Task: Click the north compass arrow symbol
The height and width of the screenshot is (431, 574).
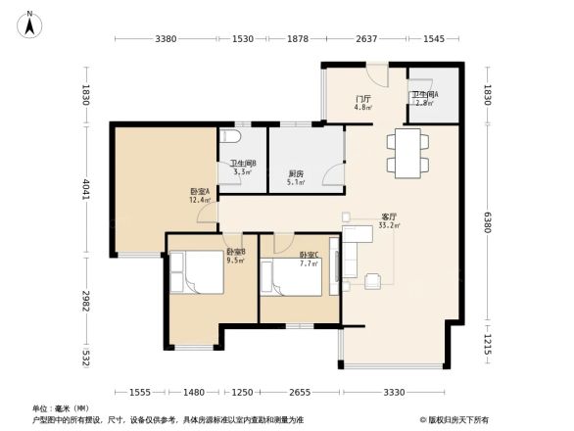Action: pyautogui.click(x=30, y=23)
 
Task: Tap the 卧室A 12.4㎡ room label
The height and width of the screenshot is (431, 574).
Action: pyautogui.click(x=200, y=195)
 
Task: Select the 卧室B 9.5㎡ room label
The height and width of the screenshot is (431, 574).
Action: pyautogui.click(x=236, y=257)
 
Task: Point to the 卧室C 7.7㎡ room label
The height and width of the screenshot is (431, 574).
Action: pyautogui.click(x=309, y=259)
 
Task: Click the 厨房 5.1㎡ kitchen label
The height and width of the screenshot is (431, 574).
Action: pyautogui.click(x=295, y=177)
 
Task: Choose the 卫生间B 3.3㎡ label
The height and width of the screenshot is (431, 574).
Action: pyautogui.click(x=242, y=168)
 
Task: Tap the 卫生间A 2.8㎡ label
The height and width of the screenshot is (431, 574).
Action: pyautogui.click(x=424, y=98)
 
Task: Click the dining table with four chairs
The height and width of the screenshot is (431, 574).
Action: pyautogui.click(x=406, y=152)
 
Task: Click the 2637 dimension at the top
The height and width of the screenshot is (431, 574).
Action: pyautogui.click(x=365, y=39)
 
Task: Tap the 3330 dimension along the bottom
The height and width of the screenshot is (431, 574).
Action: pyautogui.click(x=394, y=392)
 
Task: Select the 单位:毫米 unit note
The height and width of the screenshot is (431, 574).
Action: pyautogui.click(x=61, y=408)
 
